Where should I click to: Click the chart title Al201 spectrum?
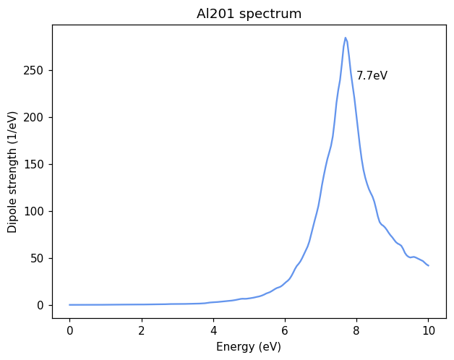[x=249, y=14]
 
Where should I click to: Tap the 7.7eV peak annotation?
[x=372, y=76]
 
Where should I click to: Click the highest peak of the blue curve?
[x=346, y=38]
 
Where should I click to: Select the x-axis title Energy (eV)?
[x=249, y=347]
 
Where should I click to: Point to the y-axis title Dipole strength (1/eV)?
[x=12, y=171]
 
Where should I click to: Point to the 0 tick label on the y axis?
[x=41, y=305]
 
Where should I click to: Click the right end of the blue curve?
[x=428, y=265]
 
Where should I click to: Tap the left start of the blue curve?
[x=69, y=304]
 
